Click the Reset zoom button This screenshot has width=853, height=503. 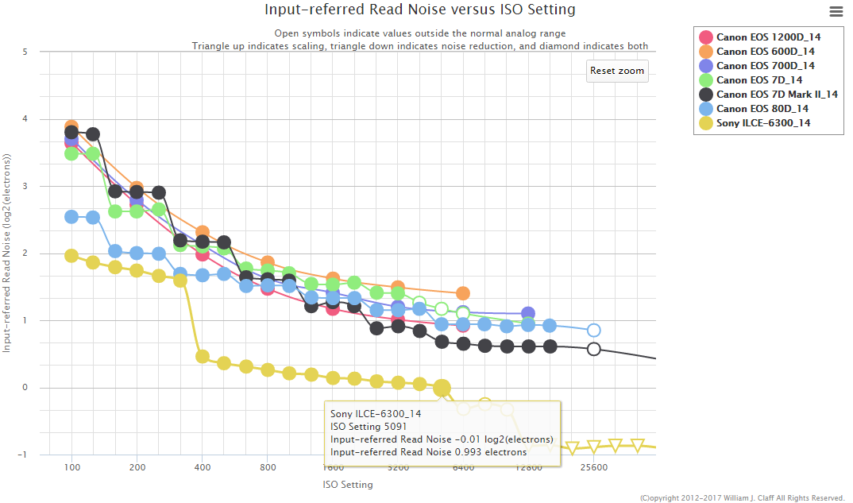(x=617, y=71)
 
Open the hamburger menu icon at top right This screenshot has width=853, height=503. (x=836, y=11)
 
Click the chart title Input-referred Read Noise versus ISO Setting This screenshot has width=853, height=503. (x=420, y=10)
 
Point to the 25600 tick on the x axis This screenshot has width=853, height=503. (x=593, y=467)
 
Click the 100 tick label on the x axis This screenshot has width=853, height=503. (x=72, y=467)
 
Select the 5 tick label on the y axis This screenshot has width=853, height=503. (x=25, y=52)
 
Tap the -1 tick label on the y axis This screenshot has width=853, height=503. (x=22, y=455)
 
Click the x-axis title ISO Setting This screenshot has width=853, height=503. (x=347, y=484)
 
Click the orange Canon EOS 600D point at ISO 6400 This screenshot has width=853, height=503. (x=463, y=293)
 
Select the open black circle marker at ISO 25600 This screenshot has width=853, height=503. (x=593, y=349)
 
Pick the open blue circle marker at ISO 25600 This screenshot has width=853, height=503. (x=593, y=331)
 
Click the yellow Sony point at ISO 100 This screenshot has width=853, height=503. (x=71, y=256)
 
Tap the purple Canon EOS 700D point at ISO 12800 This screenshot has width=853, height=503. (x=528, y=314)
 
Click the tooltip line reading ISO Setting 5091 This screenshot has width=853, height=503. (x=369, y=427)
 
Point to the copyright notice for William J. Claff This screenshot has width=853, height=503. (x=742, y=498)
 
